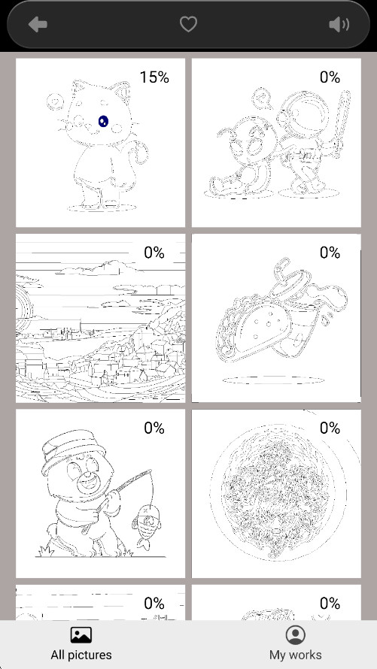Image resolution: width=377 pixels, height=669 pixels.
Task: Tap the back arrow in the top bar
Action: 38,24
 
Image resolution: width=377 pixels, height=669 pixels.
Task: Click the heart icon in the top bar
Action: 188,24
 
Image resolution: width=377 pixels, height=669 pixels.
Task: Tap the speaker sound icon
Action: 339,24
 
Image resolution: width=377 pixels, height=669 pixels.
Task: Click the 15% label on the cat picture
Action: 154,77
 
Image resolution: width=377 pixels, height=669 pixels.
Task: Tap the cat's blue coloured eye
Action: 103,122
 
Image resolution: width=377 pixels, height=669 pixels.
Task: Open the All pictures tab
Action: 81,644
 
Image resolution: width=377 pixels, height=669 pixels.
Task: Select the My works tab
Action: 296,644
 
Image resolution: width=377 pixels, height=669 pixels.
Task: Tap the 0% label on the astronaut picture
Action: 330,77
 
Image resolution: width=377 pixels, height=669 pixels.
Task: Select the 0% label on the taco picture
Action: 330,253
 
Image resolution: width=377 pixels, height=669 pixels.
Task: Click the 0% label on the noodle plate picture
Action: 330,428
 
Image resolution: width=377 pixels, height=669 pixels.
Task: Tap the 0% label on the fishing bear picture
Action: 154,428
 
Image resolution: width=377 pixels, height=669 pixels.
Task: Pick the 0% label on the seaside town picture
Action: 154,253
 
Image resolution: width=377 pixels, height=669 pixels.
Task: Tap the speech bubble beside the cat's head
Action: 55,102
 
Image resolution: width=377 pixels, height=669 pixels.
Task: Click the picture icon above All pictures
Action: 81,635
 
